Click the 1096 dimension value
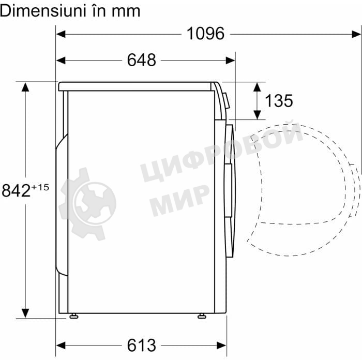click(x=205, y=34)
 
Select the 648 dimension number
click(x=142, y=60)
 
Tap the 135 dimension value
click(x=279, y=101)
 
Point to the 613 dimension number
click(x=142, y=346)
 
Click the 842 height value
click(x=16, y=190)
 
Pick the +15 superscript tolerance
click(x=40, y=187)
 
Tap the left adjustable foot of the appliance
click(x=74, y=316)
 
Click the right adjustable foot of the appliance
click(x=202, y=316)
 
